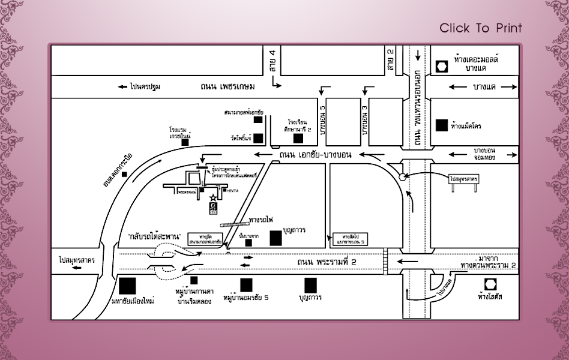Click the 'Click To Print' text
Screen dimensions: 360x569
click(480, 28)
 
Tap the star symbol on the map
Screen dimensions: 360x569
click(211, 197)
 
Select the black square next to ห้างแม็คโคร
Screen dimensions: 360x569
click(442, 125)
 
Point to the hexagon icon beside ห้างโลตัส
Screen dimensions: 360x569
click(491, 284)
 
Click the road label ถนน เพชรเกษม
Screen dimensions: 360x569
click(228, 86)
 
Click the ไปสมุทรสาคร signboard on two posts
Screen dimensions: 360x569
click(463, 179)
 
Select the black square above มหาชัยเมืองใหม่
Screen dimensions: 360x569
click(127, 285)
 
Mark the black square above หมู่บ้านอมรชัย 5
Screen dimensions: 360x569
click(245, 284)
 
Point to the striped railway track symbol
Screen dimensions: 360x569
click(230, 224)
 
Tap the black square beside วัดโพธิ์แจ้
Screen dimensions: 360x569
click(257, 138)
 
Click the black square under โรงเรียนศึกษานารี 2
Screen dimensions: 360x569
click(298, 138)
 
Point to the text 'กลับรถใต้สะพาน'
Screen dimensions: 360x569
click(155, 236)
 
